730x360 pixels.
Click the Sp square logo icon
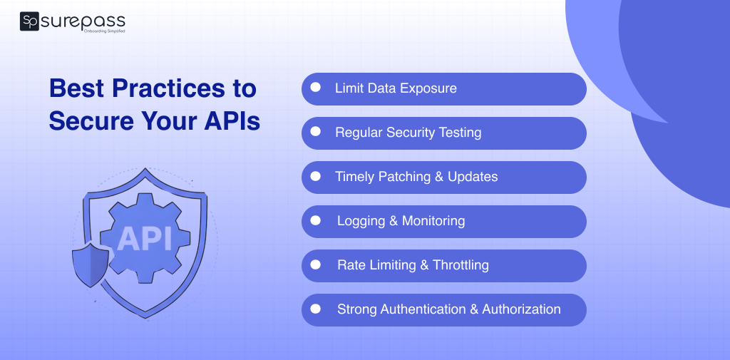tap(30, 22)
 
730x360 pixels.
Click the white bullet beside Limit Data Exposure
tap(316, 88)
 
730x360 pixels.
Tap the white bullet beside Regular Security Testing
tap(316, 132)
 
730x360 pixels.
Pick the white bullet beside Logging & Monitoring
tap(316, 220)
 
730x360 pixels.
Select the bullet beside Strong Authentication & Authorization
tap(316, 309)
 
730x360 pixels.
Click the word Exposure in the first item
tap(428, 88)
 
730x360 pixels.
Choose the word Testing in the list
tap(458, 133)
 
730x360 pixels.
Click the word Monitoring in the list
tap(433, 221)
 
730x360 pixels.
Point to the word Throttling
tap(461, 265)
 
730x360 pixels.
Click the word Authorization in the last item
tap(521, 309)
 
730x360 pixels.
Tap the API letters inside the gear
tap(144, 239)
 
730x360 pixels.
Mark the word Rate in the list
tap(351, 265)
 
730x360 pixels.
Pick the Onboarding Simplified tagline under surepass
tap(105, 32)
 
